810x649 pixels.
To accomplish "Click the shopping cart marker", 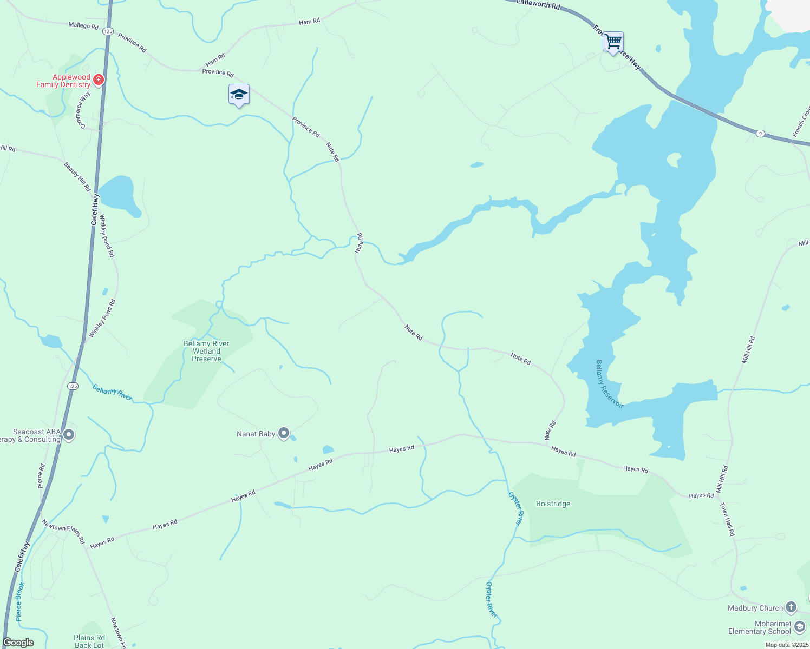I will pos(613,42).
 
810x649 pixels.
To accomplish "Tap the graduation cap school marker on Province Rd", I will pos(239,95).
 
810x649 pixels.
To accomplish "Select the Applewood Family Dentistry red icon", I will pos(98,81).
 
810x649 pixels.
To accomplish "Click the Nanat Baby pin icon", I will pos(284,433).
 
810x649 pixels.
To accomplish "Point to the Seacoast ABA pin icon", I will pos(69,435).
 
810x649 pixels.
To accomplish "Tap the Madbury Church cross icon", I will pos(791,607).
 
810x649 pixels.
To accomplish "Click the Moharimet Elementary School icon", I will pos(800,627).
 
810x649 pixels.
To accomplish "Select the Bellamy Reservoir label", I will pos(609,383).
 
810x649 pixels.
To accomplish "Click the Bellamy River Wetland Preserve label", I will pos(206,351).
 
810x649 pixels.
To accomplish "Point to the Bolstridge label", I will pos(553,504).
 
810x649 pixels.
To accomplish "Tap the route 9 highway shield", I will pos(761,133).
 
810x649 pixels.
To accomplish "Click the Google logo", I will pos(18,643).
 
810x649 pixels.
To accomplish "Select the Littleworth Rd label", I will pos(538,5).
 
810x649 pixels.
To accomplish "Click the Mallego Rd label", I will pos(83,25).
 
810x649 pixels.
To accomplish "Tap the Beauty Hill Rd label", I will pos(77,176).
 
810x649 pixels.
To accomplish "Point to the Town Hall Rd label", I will pos(727,519).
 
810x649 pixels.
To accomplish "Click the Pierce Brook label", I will pos(20,601).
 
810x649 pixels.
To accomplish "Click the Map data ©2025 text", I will pos(787,645).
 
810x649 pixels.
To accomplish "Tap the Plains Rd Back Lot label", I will pos(89,641).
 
